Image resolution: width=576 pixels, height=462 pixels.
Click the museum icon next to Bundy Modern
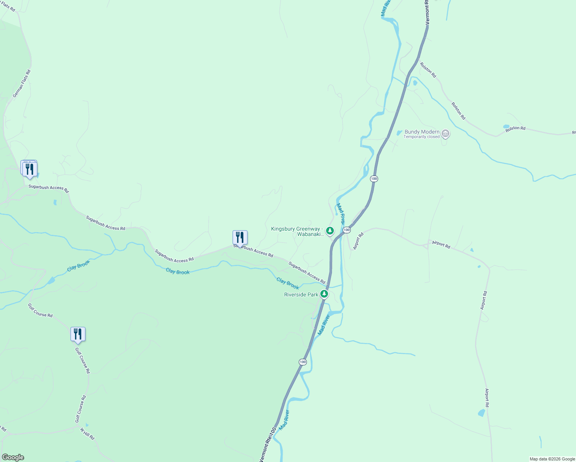pos(445,134)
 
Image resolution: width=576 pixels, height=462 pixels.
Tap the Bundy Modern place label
pos(422,132)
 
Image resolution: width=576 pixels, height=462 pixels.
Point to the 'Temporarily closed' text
pos(421,137)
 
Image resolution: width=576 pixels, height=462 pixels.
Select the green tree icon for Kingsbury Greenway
pos(330,231)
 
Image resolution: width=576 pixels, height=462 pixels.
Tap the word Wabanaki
pos(310,234)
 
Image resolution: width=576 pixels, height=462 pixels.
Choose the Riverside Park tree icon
pos(324,295)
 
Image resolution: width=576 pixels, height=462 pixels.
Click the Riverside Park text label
pos(301,295)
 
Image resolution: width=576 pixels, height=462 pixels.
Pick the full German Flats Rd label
pos(21,84)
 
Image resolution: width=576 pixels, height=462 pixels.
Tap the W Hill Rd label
pos(87,434)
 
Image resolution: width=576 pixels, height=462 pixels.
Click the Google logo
pos(13,457)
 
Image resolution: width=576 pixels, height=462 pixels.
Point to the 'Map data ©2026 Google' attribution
pos(552,459)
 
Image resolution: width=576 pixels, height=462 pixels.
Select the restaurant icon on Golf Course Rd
pos(78,334)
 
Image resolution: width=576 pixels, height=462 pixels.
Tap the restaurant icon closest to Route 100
pos(240,238)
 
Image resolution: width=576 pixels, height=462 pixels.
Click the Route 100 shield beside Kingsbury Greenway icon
pos(347,230)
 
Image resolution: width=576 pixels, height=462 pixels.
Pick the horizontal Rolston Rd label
pos(515,128)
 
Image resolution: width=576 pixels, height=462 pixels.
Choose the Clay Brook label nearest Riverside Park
pos(288,283)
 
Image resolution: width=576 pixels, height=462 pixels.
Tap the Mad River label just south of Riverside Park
pos(324,325)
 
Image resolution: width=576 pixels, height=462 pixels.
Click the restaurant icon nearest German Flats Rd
pos(30,169)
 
